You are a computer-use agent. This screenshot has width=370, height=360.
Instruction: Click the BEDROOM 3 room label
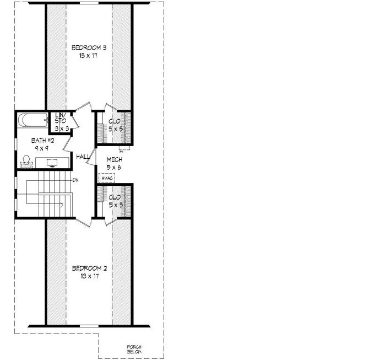click(x=89, y=48)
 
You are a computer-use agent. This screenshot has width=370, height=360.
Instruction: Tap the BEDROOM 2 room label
click(x=89, y=268)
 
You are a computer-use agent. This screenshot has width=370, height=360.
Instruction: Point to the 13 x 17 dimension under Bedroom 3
click(x=89, y=56)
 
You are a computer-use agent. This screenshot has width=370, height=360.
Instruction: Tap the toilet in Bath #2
click(x=25, y=162)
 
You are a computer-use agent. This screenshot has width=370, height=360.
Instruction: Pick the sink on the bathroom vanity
click(x=52, y=163)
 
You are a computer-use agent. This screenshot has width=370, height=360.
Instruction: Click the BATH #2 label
click(x=39, y=141)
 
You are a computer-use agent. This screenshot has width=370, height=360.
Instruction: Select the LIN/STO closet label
click(x=60, y=117)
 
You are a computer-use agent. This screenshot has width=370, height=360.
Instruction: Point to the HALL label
click(x=83, y=157)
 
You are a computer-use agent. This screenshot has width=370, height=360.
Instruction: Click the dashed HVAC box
click(x=106, y=179)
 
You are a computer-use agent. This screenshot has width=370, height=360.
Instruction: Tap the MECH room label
click(x=114, y=159)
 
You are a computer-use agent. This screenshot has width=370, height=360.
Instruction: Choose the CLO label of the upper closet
click(x=115, y=121)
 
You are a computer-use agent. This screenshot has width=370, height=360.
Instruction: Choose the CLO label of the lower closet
click(x=115, y=197)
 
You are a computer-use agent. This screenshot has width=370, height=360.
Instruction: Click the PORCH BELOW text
click(x=134, y=348)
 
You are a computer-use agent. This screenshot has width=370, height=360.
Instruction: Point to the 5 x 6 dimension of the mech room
click(x=114, y=166)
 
